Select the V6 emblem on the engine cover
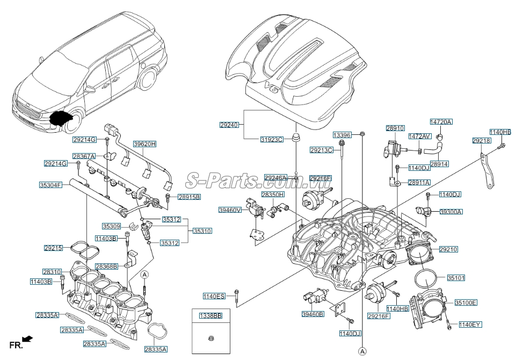pyautogui.click(x=272, y=87)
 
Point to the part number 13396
pyautogui.click(x=341, y=135)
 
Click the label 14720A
pyautogui.click(x=441, y=122)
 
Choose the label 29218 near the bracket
pyautogui.click(x=482, y=140)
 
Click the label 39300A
pyautogui.click(x=451, y=212)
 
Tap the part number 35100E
pyautogui.click(x=466, y=303)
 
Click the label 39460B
pyautogui.click(x=312, y=314)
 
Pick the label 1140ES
pyautogui.click(x=214, y=296)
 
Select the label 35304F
pyautogui.click(x=50, y=185)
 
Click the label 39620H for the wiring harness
pyautogui.click(x=144, y=144)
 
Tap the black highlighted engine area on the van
pyautogui.click(x=61, y=118)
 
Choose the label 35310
pyautogui.click(x=202, y=231)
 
